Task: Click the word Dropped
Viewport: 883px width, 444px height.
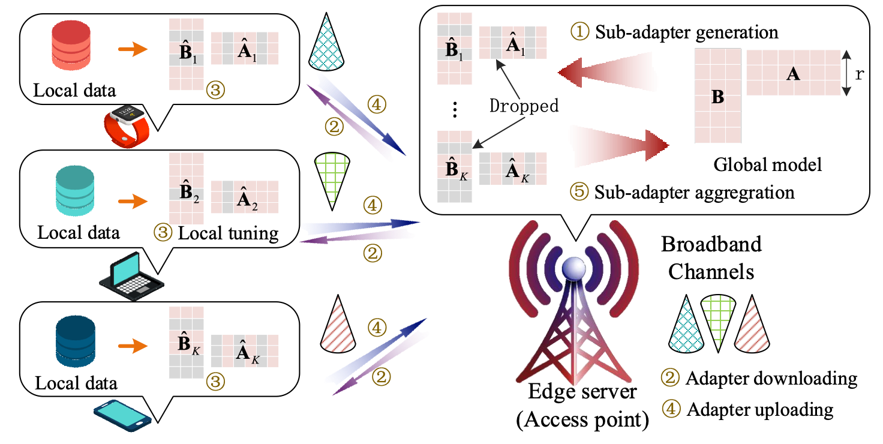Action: pyautogui.click(x=524, y=106)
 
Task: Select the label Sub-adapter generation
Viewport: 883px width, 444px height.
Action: pyautogui.click(x=686, y=32)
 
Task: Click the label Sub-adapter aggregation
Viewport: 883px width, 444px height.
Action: pyautogui.click(x=695, y=192)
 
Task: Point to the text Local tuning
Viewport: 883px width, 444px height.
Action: pyautogui.click(x=228, y=233)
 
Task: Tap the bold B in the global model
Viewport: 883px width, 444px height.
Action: pyautogui.click(x=717, y=98)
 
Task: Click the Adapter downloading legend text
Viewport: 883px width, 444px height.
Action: pyautogui.click(x=771, y=379)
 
